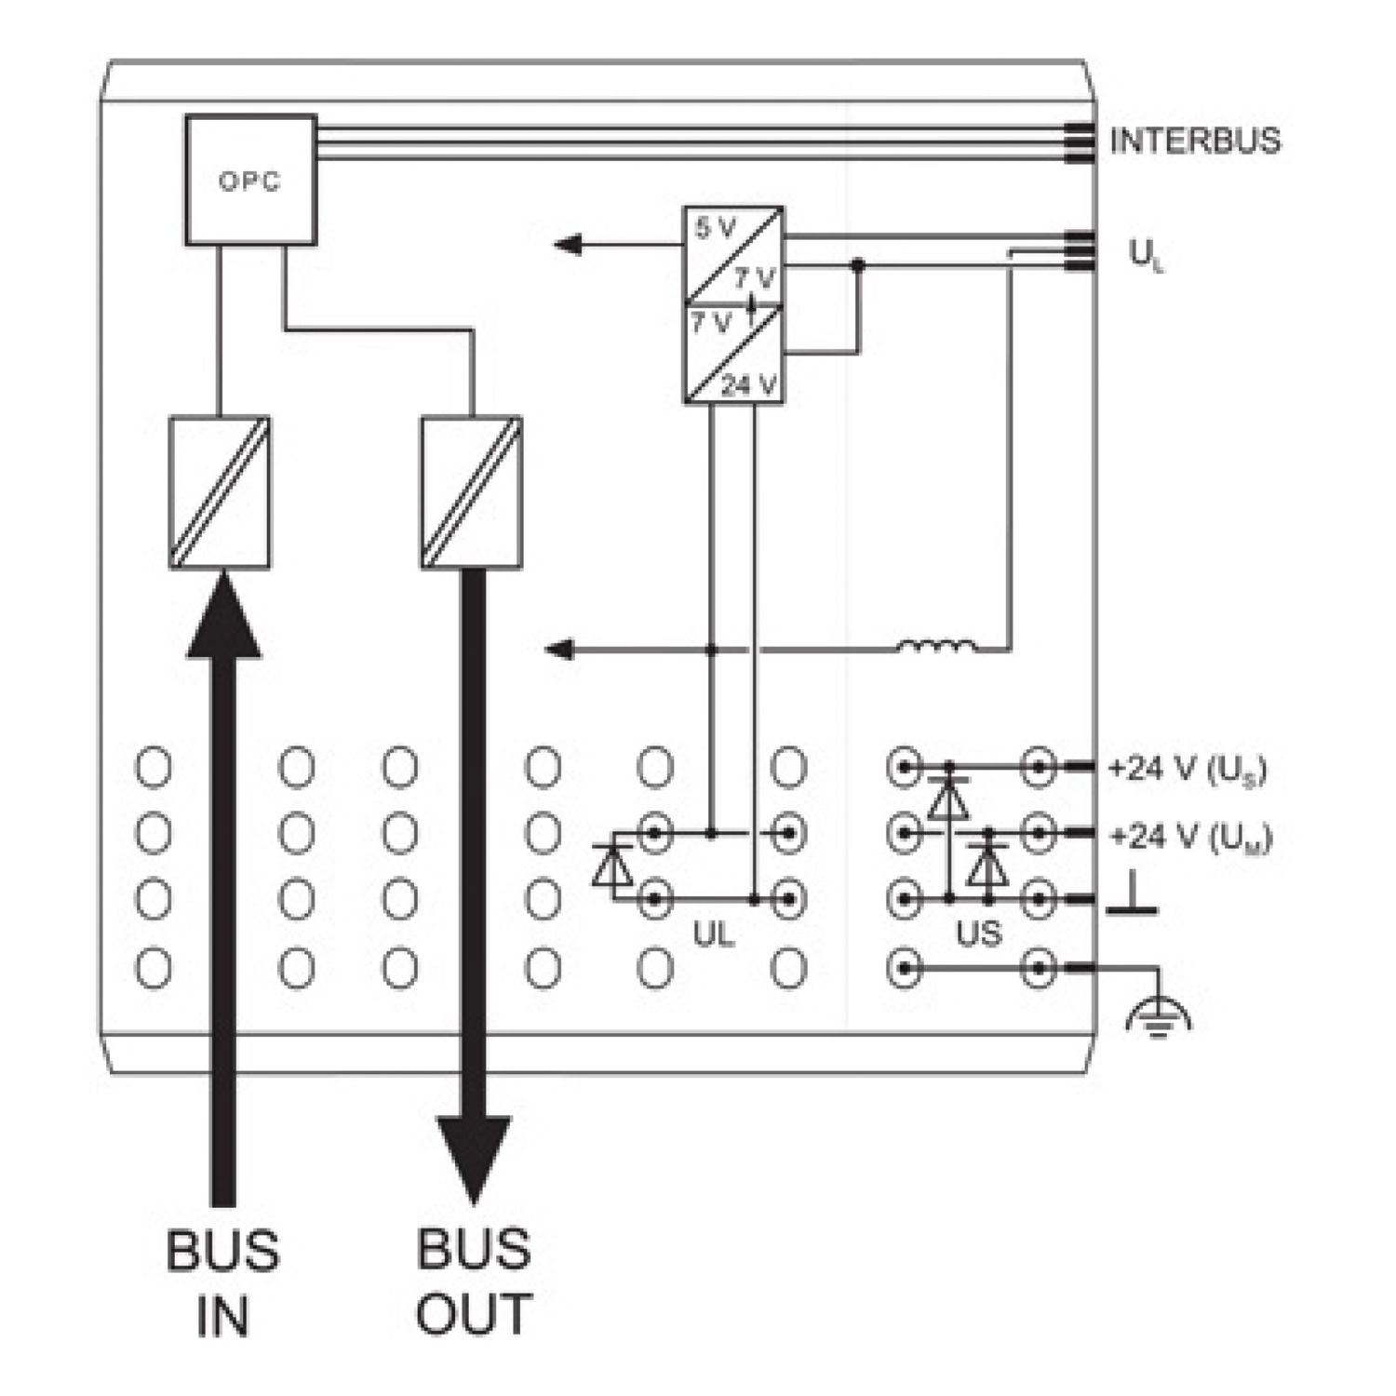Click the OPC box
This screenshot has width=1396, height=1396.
click(250, 180)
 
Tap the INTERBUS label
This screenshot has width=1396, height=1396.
click(1195, 141)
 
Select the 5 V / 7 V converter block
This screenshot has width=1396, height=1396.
click(733, 255)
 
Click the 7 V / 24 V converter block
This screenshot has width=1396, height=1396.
click(733, 354)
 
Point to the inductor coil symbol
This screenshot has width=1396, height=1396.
click(937, 646)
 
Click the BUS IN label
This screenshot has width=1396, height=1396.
click(223, 1282)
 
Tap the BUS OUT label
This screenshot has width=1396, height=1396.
click(474, 1282)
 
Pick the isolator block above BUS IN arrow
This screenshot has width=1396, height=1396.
click(220, 492)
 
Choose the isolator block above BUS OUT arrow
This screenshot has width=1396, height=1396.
click(471, 492)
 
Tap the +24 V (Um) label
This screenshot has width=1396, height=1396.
click(1190, 838)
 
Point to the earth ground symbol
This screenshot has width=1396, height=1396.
click(1158, 1016)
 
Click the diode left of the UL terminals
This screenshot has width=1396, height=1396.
click(611, 866)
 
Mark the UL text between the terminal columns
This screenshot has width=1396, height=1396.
click(714, 934)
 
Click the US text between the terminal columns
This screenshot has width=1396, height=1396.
click(978, 933)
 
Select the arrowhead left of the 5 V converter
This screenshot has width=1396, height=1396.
click(569, 245)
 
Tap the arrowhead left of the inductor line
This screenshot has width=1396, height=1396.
click(559, 649)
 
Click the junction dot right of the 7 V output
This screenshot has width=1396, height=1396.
click(858, 265)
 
